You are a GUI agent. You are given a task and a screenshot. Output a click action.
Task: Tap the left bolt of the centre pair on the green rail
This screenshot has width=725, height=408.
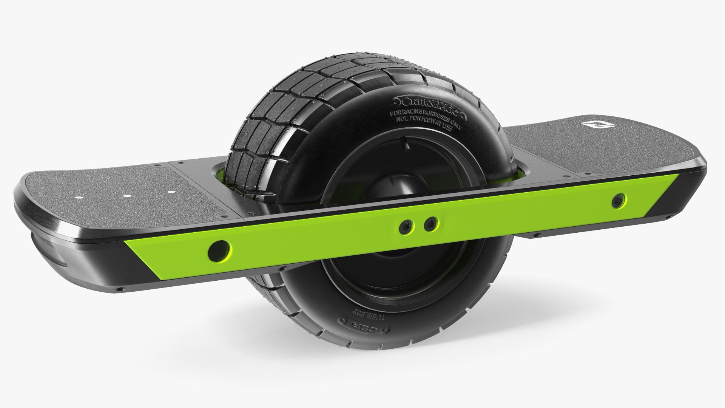pos(408,226)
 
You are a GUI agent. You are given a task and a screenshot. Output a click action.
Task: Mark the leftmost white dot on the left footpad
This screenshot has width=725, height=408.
pos(79,198)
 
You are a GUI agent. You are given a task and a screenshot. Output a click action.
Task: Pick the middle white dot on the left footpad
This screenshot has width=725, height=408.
pos(127,196)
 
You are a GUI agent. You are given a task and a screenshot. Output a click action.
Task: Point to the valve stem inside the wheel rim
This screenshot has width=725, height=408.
pos(404,144)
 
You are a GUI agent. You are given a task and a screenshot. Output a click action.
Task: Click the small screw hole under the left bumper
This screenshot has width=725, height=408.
pos(120,289)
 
